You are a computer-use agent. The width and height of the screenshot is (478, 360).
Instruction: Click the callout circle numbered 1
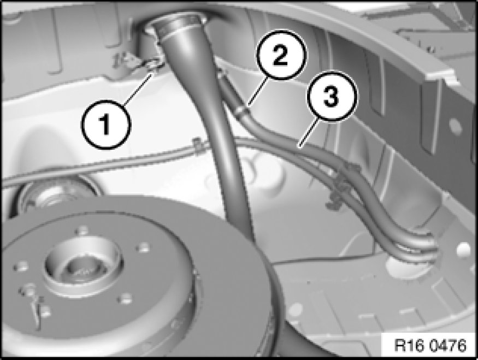click(x=106, y=125)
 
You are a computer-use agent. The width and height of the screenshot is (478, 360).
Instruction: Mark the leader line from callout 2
click(x=258, y=91)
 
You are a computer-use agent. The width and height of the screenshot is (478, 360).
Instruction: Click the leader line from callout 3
click(x=309, y=133)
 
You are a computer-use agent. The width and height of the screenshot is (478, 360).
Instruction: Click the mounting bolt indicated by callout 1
click(x=154, y=66)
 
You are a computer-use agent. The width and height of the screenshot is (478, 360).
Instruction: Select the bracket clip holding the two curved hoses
click(x=343, y=183)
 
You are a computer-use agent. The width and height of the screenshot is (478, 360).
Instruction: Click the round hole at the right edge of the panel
click(x=463, y=249)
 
